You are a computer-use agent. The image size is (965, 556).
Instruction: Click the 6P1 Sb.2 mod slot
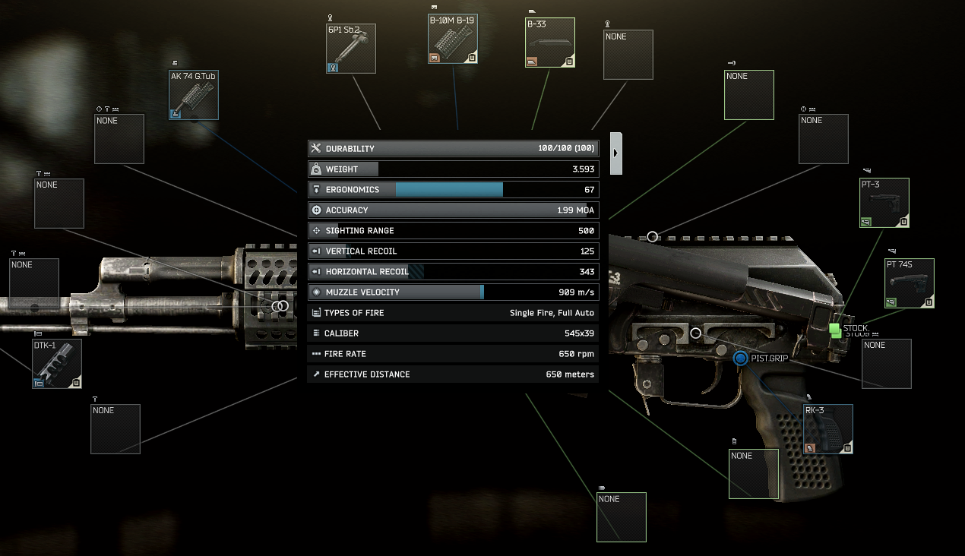tap(351, 49)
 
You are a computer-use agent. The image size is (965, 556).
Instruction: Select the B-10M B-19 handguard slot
tap(453, 38)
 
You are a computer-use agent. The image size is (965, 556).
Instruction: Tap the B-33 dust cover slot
tap(550, 43)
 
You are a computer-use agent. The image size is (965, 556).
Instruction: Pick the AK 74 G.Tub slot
tap(194, 95)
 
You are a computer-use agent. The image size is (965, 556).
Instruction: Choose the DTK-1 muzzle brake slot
tap(57, 364)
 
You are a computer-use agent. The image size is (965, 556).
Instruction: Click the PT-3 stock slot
tap(884, 203)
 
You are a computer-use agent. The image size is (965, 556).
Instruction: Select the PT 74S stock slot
tap(910, 283)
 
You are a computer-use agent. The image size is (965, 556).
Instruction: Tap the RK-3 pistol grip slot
tap(828, 429)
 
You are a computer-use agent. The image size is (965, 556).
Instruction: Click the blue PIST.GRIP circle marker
tap(741, 358)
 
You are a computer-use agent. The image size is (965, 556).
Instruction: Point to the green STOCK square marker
tap(835, 330)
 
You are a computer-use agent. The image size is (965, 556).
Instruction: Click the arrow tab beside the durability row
tap(616, 153)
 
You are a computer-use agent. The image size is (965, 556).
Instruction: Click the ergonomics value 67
tap(589, 190)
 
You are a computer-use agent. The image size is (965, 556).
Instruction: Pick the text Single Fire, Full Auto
tap(552, 313)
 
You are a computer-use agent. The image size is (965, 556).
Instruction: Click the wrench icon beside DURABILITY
tap(317, 148)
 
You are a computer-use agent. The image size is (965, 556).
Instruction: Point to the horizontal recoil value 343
tap(587, 272)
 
